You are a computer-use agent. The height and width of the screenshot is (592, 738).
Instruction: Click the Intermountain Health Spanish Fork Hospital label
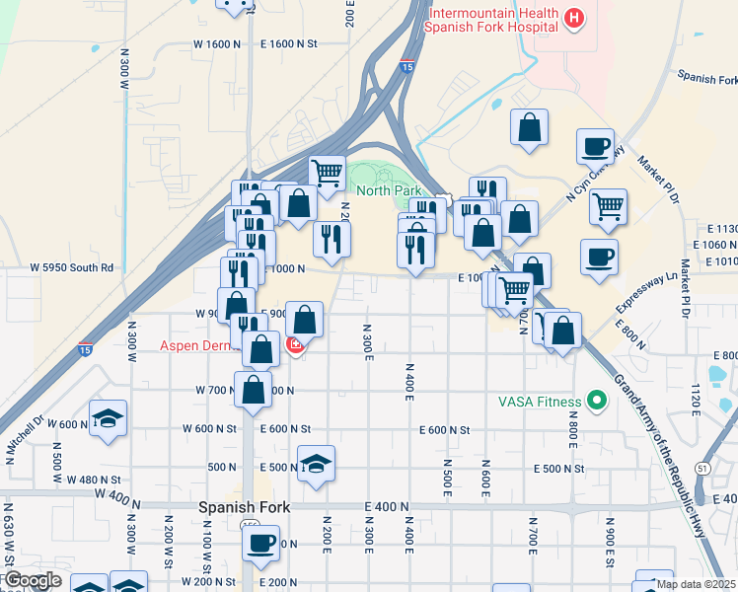[x=488, y=21]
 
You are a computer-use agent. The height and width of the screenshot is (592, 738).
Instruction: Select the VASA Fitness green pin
[x=596, y=401]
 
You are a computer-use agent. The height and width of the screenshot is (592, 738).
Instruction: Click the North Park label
[x=389, y=190]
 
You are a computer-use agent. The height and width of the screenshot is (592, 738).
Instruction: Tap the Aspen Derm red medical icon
[x=294, y=345]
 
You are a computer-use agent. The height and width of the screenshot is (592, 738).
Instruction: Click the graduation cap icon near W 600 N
[x=108, y=418]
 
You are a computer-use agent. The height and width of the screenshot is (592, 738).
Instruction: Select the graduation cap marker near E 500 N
[x=316, y=464]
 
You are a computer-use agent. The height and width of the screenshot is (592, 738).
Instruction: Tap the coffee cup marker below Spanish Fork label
[x=260, y=542]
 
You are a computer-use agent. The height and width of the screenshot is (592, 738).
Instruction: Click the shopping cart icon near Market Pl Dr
[x=608, y=206]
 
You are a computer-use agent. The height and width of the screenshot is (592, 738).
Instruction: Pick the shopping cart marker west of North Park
[x=327, y=173]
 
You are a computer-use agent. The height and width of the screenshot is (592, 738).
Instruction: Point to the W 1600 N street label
[x=218, y=43]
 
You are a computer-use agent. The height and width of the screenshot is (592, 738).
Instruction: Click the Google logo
[x=33, y=580]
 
